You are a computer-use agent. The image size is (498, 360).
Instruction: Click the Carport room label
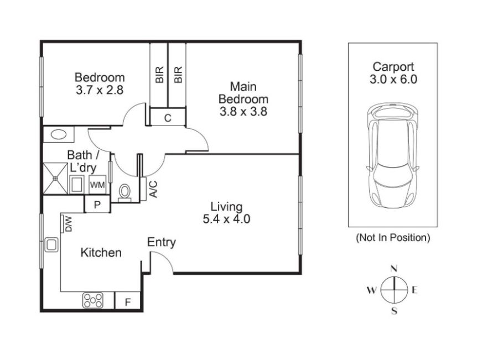pyautogui.click(x=393, y=67)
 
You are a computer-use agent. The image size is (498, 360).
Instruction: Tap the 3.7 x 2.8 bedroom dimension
pyautogui.click(x=100, y=90)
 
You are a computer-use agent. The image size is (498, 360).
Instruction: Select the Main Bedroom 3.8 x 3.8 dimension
pyautogui.click(x=243, y=112)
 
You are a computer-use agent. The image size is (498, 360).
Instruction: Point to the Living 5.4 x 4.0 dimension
pyautogui.click(x=226, y=219)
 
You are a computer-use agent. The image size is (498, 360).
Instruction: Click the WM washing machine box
pyautogui.click(x=97, y=185)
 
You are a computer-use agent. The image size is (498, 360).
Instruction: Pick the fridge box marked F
pyautogui.click(x=127, y=300)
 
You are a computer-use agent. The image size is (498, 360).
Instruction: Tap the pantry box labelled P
pyautogui.click(x=97, y=204)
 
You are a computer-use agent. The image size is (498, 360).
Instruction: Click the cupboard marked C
pyautogui.click(x=168, y=118)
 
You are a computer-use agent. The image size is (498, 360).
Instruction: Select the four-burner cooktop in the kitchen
pyautogui.click(x=93, y=300)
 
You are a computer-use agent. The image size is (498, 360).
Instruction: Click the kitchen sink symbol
pyautogui.click(x=51, y=245)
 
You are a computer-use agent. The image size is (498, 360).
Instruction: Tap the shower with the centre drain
pyautogui.click(x=55, y=179)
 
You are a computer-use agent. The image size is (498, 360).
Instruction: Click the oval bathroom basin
pyautogui.click(x=59, y=134)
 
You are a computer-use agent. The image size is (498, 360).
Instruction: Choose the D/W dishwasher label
pyautogui.click(x=69, y=224)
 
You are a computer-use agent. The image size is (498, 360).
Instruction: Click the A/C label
pyautogui.click(x=153, y=189)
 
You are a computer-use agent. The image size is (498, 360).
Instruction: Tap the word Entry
pyautogui.click(x=162, y=242)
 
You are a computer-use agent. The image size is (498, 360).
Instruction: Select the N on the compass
pyautogui.click(x=394, y=269)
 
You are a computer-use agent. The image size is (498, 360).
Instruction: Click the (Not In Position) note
pyautogui.click(x=393, y=237)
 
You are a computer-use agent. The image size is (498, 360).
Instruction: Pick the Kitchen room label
pyautogui.click(x=101, y=253)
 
